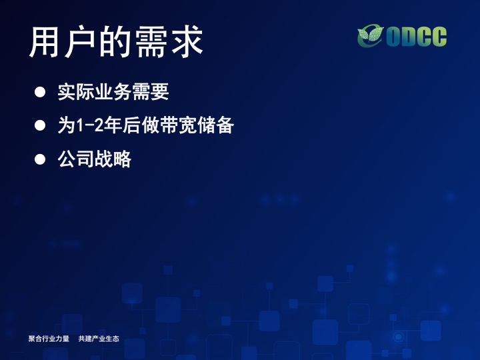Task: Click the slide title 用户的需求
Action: [x=116, y=41]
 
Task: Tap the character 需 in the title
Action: [x=151, y=41]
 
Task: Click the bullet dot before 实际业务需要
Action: [x=40, y=92]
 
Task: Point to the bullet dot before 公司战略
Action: [x=40, y=159]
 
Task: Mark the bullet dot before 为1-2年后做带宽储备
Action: [x=40, y=125]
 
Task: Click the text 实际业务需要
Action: [x=113, y=92]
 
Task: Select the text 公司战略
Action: [x=95, y=159]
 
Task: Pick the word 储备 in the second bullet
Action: [x=216, y=125]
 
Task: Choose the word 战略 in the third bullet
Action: [x=113, y=159]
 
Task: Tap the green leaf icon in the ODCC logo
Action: [x=371, y=36]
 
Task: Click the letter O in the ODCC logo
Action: [x=394, y=37]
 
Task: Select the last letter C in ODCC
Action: [x=439, y=37]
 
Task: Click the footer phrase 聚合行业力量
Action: [x=49, y=339]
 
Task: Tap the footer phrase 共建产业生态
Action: [x=99, y=339]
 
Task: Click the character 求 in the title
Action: [x=187, y=41]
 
